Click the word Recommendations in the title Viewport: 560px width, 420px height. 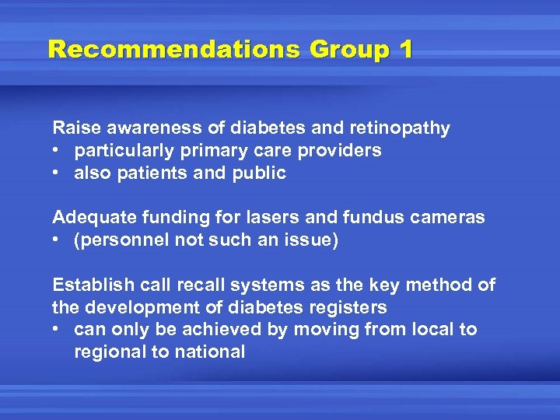click(x=173, y=50)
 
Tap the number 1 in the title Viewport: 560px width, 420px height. click(x=404, y=50)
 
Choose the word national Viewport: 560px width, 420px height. click(x=210, y=352)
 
